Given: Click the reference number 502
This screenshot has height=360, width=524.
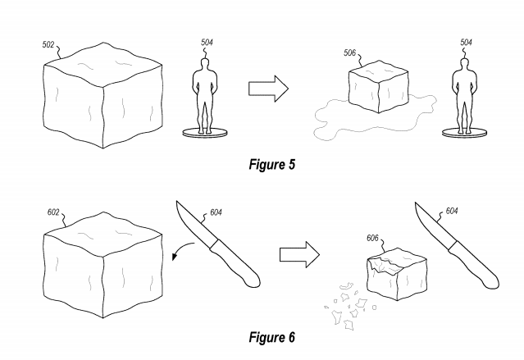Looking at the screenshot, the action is [x=48, y=44].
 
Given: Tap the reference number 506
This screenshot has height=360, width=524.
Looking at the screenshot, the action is [x=350, y=52].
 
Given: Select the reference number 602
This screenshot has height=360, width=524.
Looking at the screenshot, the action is [x=53, y=212].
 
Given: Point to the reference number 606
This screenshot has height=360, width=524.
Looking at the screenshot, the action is [x=372, y=238].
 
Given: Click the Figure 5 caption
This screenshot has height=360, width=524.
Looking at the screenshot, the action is [x=272, y=165].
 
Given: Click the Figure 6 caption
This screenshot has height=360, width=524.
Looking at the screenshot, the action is [x=272, y=337].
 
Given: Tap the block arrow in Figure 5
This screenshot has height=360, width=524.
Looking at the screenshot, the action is [x=268, y=89].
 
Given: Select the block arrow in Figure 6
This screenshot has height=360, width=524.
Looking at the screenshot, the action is [x=299, y=255].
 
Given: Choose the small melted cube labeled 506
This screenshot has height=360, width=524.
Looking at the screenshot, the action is [x=378, y=87].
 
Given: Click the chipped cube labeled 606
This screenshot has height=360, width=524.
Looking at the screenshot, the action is [x=397, y=274].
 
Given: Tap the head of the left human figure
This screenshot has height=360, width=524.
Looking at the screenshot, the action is [x=204, y=64].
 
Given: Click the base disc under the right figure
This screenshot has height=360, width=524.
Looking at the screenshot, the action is [x=464, y=133].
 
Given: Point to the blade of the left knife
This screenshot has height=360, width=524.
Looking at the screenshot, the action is [x=194, y=223].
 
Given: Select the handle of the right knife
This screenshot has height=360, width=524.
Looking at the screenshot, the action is [x=474, y=265].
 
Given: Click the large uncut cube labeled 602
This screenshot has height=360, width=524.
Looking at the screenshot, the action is [x=103, y=265].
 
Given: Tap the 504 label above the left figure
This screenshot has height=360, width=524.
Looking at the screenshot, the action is [x=207, y=43].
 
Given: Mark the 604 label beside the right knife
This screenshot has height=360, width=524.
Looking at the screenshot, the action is [x=452, y=211].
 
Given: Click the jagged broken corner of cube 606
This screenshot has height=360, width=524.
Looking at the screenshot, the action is [x=385, y=265].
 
